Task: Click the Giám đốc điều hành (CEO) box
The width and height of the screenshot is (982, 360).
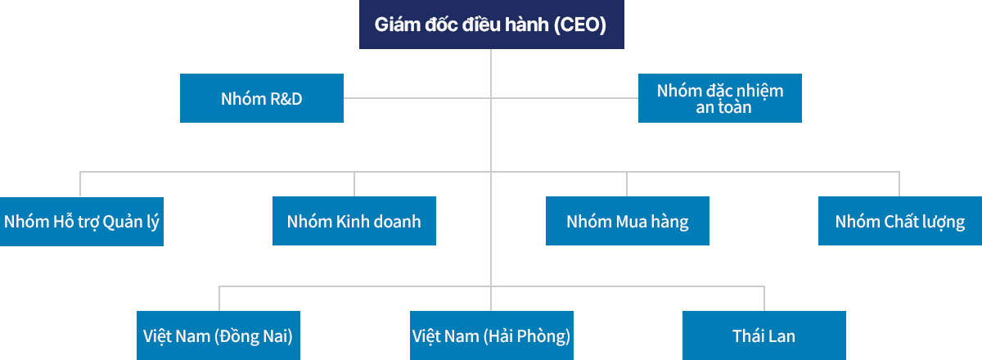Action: [x=491, y=25]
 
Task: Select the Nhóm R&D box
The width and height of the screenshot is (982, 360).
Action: [x=262, y=98]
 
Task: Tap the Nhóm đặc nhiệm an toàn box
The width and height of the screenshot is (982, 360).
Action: [x=720, y=98]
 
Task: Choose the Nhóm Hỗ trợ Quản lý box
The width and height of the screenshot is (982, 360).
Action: [x=82, y=221]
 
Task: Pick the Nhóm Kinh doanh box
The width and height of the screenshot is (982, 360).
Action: [x=354, y=221]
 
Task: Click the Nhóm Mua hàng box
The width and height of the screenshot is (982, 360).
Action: [x=628, y=221]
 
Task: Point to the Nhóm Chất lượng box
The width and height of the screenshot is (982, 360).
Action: [x=900, y=221]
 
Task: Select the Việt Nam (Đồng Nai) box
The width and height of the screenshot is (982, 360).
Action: [x=218, y=335]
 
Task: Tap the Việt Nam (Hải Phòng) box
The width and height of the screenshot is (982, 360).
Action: [x=491, y=335]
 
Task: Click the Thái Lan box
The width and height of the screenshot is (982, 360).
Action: [x=764, y=335]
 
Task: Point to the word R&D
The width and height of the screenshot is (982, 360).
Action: [x=286, y=99]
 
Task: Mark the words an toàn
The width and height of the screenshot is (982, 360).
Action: [x=720, y=107]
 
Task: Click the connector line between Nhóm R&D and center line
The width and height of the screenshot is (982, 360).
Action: [x=417, y=98]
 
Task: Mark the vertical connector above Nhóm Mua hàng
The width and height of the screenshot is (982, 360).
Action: [x=628, y=184]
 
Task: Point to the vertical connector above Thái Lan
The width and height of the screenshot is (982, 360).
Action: [x=764, y=299]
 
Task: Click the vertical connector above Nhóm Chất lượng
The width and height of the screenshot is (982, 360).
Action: [x=900, y=184]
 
